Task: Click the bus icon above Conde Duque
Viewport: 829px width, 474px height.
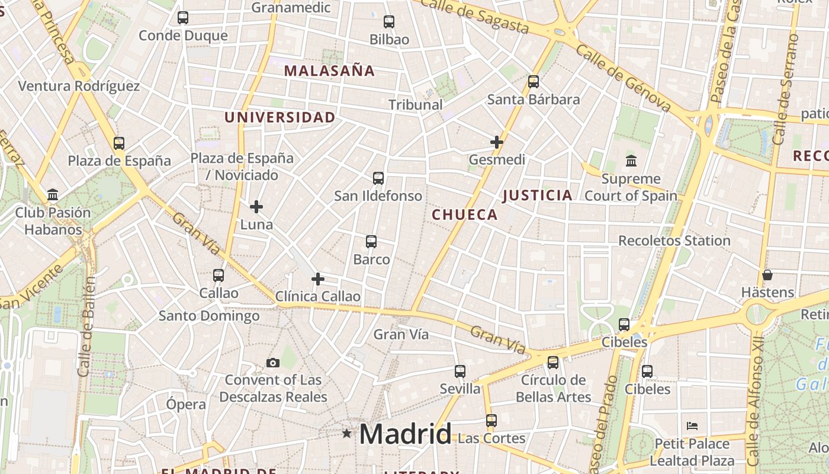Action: pos(183,18)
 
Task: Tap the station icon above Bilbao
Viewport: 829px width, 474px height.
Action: pos(389,22)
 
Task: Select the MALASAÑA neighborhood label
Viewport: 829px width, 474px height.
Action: pos(329,71)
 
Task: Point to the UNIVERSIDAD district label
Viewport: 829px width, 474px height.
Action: pos(280,117)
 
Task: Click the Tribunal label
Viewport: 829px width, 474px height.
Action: pos(416,105)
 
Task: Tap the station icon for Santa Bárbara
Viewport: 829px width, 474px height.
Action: pos(534,82)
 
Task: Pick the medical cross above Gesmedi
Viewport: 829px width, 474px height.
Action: pos(497,142)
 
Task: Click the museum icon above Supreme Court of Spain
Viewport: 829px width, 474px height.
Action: pos(631,161)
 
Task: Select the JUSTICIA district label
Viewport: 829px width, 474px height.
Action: pos(538,195)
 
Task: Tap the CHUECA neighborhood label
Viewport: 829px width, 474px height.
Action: pos(465,214)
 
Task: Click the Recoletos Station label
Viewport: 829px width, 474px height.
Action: pos(674,241)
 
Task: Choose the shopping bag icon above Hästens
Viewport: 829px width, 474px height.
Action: pos(767,275)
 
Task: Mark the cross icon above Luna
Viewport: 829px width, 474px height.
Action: pos(256,207)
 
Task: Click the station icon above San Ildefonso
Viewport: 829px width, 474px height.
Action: pos(378,178)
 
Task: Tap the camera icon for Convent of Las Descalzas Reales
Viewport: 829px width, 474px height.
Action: pos(273,363)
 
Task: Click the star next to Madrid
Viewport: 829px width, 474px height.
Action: pos(347,434)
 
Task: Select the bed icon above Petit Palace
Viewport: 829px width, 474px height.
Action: pos(692,425)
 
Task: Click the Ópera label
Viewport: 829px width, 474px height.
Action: pos(186,405)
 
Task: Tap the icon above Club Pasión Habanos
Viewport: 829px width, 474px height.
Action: pos(53,194)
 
